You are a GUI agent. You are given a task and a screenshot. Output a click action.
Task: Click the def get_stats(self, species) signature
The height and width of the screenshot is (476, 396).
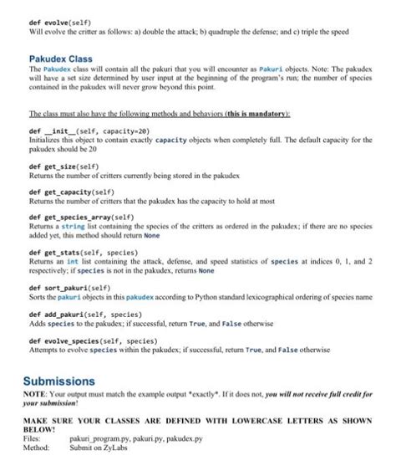point(83,250)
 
